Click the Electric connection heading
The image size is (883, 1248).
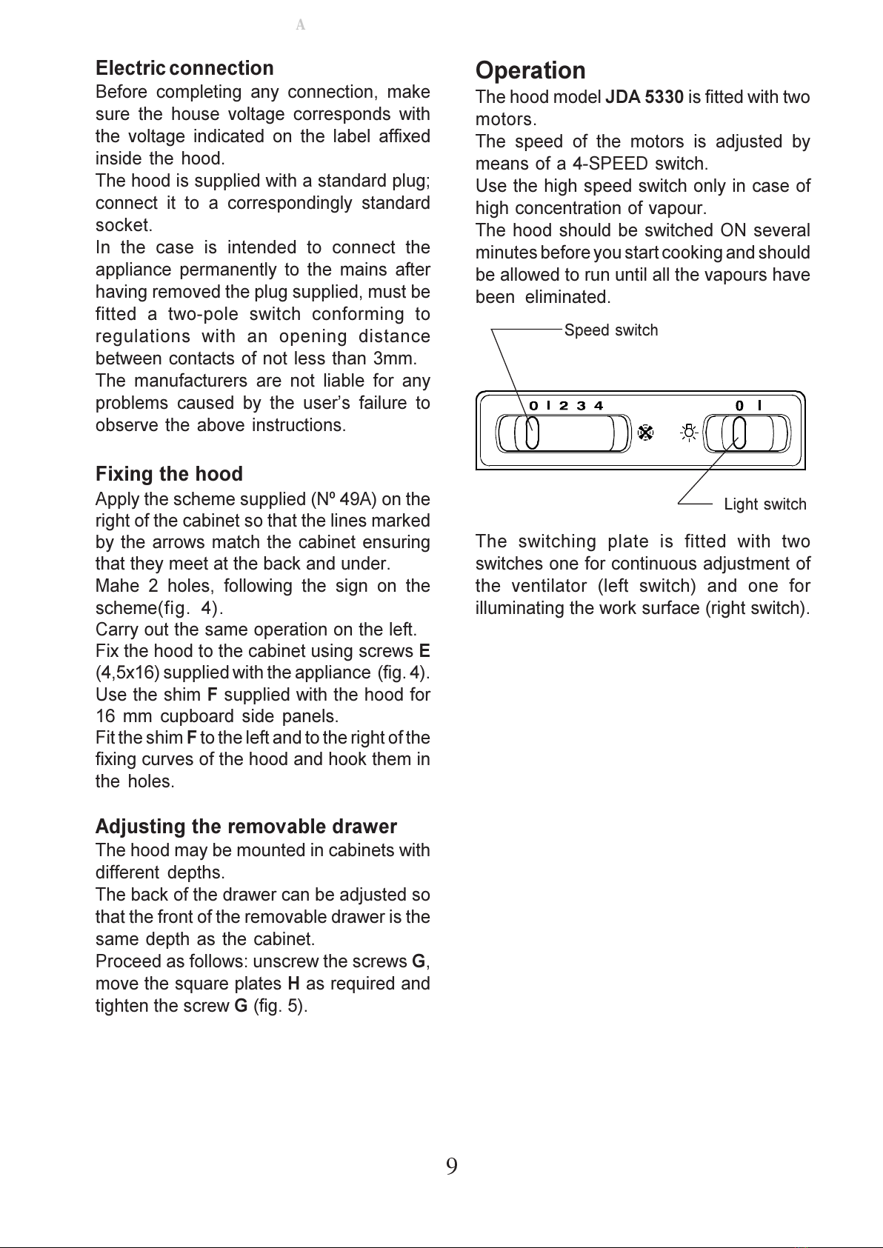click(184, 68)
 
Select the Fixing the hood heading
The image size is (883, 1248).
click(169, 474)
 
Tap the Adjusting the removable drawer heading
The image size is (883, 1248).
click(246, 827)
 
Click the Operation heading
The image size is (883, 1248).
click(530, 71)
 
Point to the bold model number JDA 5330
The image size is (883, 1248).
click(644, 97)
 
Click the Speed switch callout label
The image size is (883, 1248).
click(610, 330)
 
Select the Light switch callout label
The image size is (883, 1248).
click(764, 504)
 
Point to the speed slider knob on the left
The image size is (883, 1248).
click(532, 433)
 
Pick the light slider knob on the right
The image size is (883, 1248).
click(739, 433)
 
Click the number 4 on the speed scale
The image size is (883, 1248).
click(599, 405)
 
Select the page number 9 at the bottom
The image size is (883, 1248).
click(451, 1167)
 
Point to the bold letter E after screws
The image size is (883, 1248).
click(424, 651)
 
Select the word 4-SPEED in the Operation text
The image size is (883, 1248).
click(610, 164)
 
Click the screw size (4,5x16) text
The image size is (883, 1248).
click(127, 673)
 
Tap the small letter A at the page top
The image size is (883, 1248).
click(300, 25)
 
